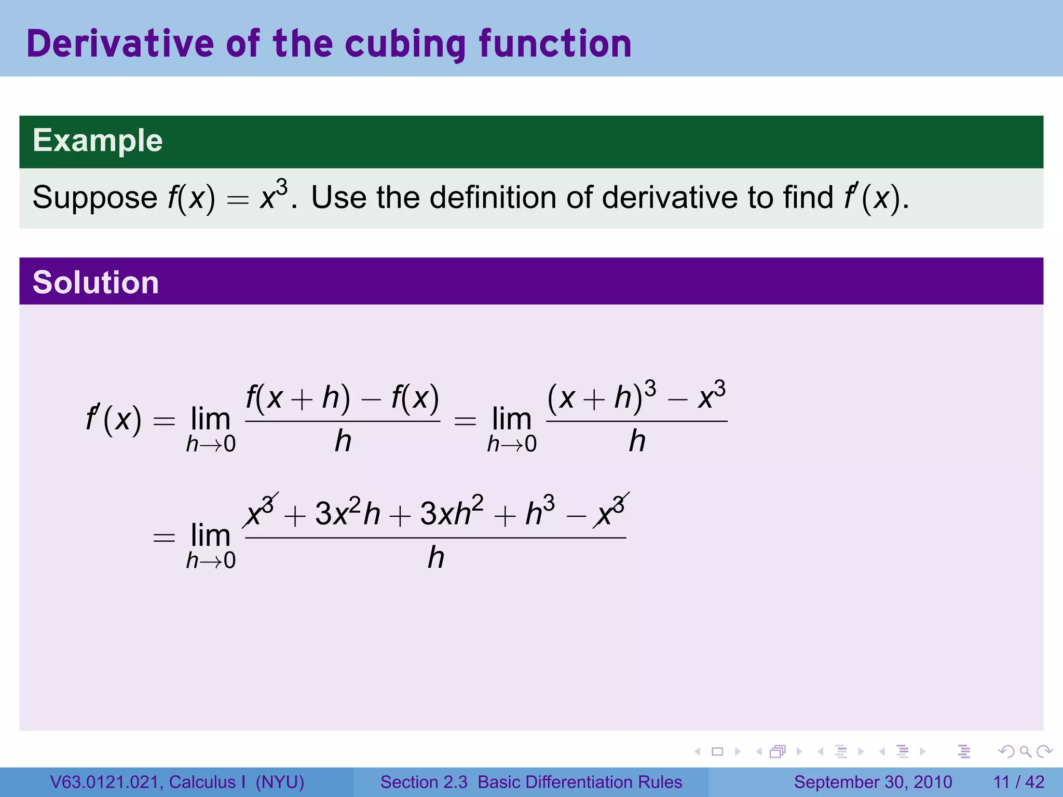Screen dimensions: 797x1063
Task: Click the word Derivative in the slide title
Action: pos(119,44)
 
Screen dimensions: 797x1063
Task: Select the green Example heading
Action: pos(98,141)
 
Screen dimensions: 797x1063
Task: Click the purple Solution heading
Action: pos(96,282)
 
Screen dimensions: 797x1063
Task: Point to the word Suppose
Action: pos(94,198)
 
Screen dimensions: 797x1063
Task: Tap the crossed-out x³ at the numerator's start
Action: pos(260,511)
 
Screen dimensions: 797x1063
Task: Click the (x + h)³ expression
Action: pos(602,396)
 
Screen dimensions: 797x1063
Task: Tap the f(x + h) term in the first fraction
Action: pos(298,398)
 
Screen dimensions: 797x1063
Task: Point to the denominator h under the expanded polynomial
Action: pos(436,558)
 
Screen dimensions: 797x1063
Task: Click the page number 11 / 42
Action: pos(1019,782)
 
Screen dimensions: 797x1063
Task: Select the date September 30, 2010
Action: pos(873,782)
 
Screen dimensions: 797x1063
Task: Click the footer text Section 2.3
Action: pos(424,782)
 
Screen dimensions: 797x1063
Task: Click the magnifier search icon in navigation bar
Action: pos(1025,751)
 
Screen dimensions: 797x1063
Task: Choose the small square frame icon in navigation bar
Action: pos(717,751)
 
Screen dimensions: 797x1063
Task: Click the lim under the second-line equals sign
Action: pos(210,535)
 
